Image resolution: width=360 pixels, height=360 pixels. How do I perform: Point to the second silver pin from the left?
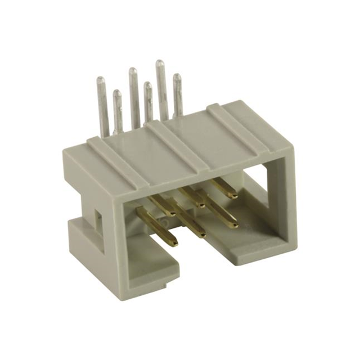118,110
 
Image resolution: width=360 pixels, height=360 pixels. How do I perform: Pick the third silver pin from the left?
134,96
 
